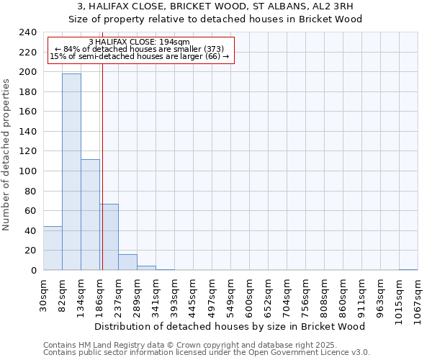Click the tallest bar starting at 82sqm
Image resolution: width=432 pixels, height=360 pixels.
click(71, 171)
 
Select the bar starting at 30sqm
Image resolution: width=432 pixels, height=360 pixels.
click(53, 248)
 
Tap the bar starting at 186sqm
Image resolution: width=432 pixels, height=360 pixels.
click(109, 237)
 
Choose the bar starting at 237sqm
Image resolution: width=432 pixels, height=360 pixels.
click(127, 262)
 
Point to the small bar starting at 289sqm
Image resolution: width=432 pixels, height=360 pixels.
click(146, 268)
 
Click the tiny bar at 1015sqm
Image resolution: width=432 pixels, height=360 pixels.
click(408, 269)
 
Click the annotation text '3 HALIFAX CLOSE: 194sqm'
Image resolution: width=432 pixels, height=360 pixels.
click(140, 42)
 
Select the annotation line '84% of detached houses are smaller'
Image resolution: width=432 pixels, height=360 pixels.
click(140, 49)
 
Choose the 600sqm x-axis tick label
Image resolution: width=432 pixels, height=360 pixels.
click(249, 296)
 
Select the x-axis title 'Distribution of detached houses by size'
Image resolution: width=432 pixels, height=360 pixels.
click(230, 326)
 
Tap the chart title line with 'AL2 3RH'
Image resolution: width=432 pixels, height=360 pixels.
click(216, 6)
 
